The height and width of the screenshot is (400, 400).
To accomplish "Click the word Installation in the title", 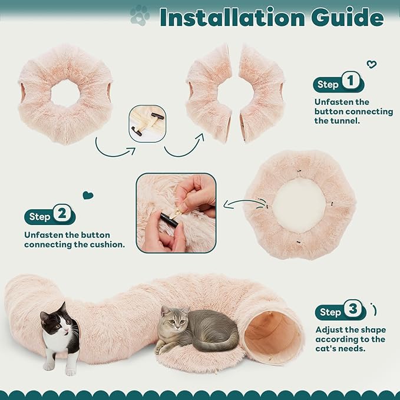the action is [x=232, y=17].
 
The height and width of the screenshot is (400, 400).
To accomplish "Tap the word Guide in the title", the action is [x=347, y=17].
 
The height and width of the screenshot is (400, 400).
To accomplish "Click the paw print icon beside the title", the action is [x=140, y=15].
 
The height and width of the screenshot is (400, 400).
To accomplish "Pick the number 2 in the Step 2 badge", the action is [x=62, y=213].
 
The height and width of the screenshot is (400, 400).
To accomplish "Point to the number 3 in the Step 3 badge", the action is [x=353, y=309].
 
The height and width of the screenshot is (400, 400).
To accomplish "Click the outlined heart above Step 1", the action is [x=371, y=64].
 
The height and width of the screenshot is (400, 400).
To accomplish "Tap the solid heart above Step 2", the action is [x=88, y=196].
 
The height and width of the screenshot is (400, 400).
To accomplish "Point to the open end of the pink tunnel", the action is [x=272, y=337].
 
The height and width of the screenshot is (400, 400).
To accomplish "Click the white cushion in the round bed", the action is [x=299, y=206].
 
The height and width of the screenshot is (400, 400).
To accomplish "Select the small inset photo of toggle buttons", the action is [x=147, y=124].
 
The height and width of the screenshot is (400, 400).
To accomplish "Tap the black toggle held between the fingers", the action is [x=169, y=220].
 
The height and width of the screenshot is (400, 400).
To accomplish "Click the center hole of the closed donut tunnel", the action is [x=65, y=93].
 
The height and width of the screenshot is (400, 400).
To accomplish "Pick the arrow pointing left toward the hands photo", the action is [x=245, y=204].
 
